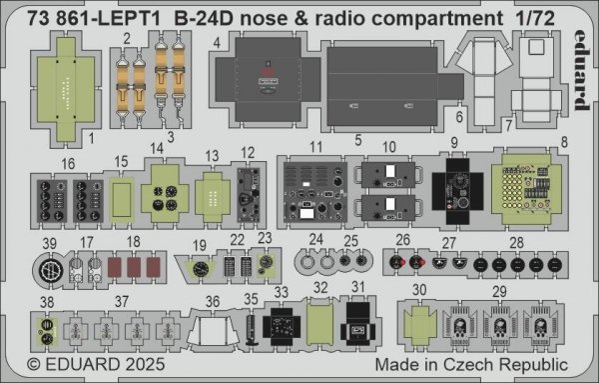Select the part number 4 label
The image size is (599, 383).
point(216,43)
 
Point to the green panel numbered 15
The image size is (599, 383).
point(118,196)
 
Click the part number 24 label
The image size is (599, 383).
point(316,240)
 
